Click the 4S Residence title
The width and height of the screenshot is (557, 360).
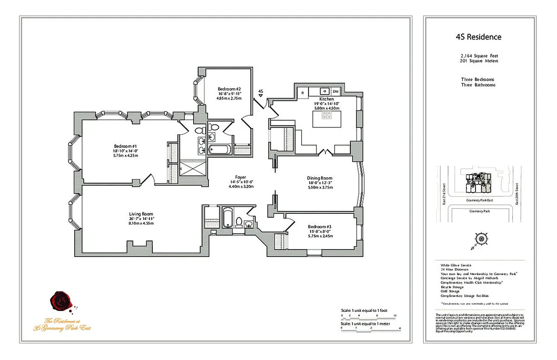point(478,37)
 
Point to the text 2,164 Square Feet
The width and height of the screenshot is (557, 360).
point(478,56)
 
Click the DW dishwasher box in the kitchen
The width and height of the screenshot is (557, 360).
point(335,91)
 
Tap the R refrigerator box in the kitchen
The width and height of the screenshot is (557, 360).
point(303,92)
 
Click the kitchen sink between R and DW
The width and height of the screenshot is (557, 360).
point(323,91)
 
